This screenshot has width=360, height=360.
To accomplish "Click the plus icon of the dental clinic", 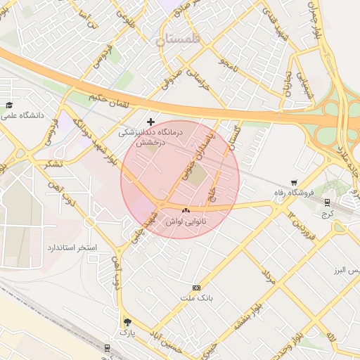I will pyautogui.click(x=150, y=122).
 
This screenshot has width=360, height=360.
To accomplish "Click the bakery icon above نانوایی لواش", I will pyautogui.click(x=186, y=211).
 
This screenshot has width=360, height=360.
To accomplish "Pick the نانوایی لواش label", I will pyautogui.click(x=186, y=221).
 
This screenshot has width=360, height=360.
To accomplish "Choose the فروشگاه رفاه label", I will pyautogui.click(x=298, y=192).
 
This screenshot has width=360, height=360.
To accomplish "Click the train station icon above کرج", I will pyautogui.click(x=327, y=202).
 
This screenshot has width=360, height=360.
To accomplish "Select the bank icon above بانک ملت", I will pyautogui.click(x=195, y=288).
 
